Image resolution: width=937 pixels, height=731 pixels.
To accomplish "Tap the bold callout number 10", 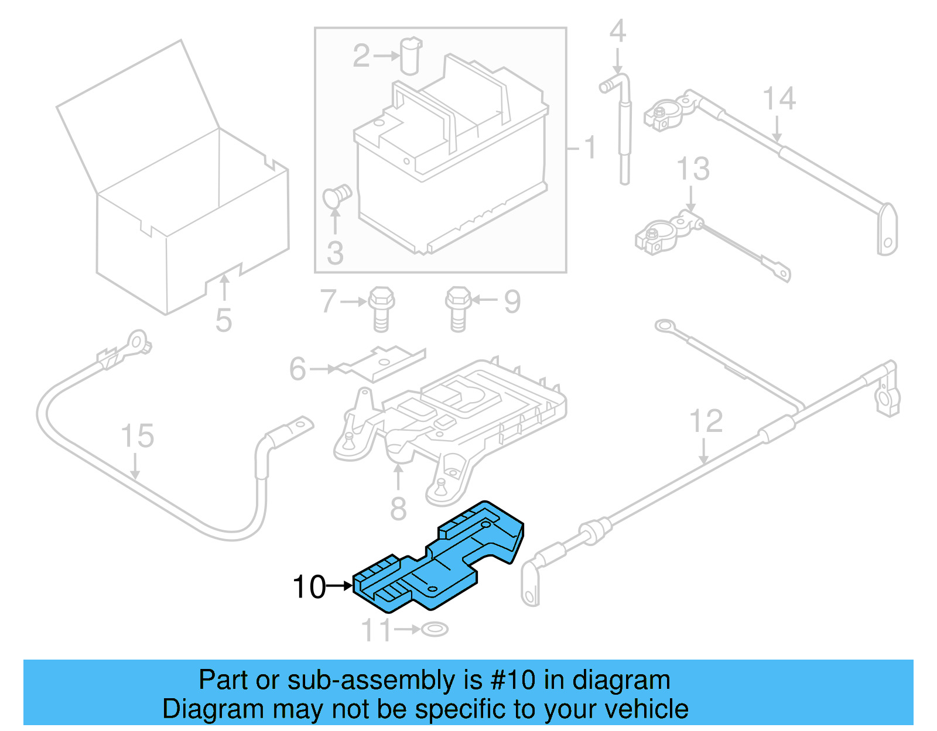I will [309, 586].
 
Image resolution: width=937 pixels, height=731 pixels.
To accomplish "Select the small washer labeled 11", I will [435, 630].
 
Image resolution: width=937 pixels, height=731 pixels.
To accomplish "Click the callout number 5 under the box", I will [223, 321].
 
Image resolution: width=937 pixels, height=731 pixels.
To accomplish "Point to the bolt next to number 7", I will [381, 308].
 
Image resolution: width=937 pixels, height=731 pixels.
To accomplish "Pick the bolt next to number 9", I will [458, 308].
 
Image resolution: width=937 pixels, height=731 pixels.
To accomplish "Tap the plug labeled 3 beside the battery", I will [337, 196].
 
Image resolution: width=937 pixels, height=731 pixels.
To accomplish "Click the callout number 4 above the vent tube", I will [617, 31].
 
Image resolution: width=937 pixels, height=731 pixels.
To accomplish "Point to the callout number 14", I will [779, 98].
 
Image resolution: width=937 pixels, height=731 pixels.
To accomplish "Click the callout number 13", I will [693, 169].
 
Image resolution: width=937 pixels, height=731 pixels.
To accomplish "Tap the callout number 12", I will [706, 421].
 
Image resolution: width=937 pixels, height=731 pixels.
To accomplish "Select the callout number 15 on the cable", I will [137, 436].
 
